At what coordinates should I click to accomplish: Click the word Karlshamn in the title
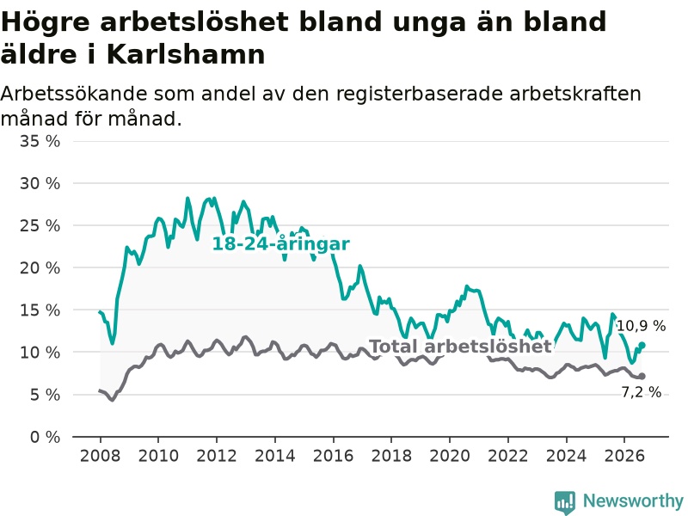tap(186, 55)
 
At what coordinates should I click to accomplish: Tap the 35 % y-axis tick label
tap(40, 141)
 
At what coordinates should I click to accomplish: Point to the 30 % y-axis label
tap(40, 183)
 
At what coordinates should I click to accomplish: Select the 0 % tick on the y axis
tap(46, 437)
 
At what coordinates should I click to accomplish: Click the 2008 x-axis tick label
tap(100, 456)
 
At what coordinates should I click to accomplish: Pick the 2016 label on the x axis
tap(333, 456)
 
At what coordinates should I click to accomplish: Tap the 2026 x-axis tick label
tap(624, 456)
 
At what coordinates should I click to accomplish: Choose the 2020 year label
tap(450, 456)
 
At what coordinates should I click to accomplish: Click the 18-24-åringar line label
tap(281, 244)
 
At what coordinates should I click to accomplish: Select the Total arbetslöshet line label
tap(461, 347)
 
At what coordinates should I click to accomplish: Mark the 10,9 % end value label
tap(642, 326)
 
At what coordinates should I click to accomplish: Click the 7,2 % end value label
tap(642, 392)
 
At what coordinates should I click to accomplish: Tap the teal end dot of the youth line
tap(642, 346)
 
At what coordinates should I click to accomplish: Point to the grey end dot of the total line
tap(642, 376)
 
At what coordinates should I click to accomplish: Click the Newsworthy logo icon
tap(565, 501)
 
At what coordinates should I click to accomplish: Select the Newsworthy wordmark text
tap(633, 501)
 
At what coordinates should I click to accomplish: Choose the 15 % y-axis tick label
tap(40, 310)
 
